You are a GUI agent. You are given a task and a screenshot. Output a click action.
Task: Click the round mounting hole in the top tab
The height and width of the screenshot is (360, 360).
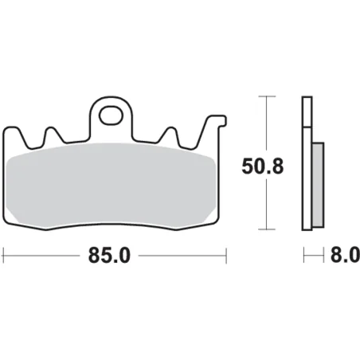(x=111, y=117)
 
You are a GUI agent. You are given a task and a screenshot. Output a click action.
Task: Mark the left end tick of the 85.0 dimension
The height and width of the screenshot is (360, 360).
(x=5, y=256)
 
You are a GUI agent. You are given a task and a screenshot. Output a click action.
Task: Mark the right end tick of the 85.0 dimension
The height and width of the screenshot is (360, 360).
(x=228, y=256)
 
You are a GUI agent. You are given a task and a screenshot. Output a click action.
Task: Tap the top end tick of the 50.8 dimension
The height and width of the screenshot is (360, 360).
(x=264, y=97)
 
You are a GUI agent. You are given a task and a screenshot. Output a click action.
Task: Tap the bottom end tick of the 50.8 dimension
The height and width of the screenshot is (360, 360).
(x=264, y=232)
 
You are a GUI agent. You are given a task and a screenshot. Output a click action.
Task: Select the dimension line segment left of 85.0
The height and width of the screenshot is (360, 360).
(x=48, y=256)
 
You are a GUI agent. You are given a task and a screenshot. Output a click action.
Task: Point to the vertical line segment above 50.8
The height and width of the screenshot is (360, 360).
(x=264, y=123)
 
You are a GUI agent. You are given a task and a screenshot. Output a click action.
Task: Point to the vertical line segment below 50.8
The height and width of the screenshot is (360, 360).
(x=264, y=207)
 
